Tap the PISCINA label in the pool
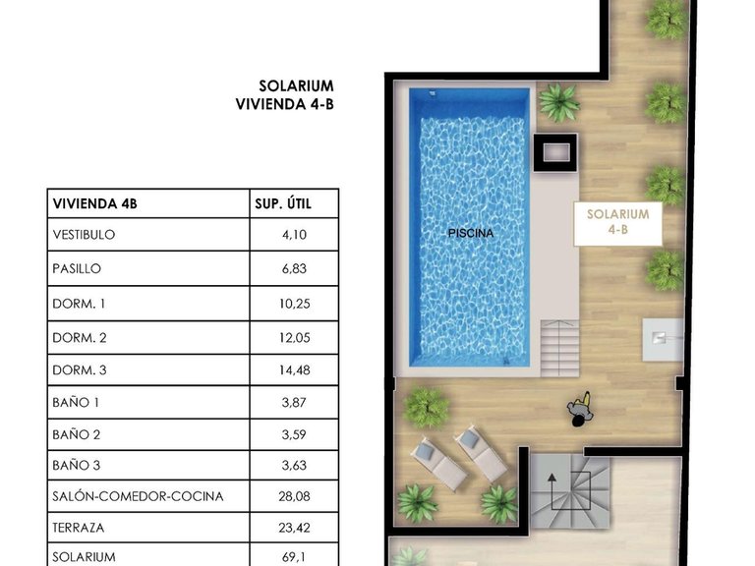470,233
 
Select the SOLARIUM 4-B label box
617,222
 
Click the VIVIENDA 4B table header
94,204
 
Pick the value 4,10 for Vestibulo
294,235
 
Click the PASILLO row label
76,268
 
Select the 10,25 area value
294,304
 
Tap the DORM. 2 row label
79,337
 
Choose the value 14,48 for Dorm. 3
294,369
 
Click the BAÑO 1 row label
76,402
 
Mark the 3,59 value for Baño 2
294,434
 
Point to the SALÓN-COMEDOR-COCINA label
137,496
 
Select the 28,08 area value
294,496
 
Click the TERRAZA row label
78,528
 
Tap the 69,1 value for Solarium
294,557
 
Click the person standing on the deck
579,411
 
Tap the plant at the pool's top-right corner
558,102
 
